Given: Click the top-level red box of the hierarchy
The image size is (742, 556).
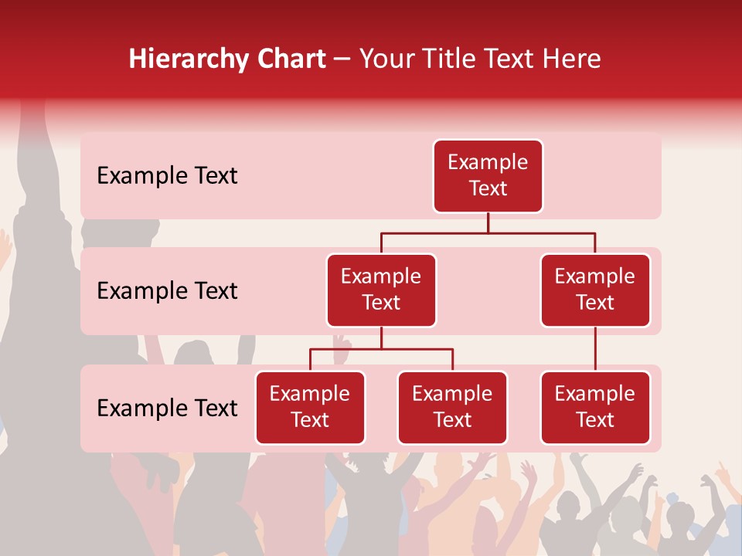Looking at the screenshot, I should (x=488, y=176).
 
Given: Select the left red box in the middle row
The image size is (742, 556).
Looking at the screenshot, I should (x=381, y=290).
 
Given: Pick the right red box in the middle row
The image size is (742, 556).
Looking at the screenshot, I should (x=595, y=290).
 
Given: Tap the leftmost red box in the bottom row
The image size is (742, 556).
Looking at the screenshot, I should (x=310, y=408).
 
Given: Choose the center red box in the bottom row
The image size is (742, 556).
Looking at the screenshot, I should (x=452, y=408).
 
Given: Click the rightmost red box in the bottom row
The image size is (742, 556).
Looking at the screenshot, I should (x=595, y=408).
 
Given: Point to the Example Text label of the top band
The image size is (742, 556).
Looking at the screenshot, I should (x=167, y=176).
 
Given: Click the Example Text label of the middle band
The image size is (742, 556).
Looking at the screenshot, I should (x=167, y=291).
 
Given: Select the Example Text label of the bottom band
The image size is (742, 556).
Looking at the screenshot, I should (x=167, y=408).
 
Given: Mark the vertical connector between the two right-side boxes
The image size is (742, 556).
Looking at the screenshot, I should (x=595, y=349).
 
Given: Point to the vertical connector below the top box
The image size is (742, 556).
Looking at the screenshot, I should (x=488, y=222).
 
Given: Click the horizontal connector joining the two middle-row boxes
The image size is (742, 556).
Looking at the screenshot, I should (x=488, y=232).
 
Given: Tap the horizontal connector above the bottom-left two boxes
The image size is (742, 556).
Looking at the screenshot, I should (x=381, y=349).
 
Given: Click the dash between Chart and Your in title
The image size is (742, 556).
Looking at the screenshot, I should (x=341, y=59).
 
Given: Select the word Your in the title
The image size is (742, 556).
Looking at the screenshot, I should (x=386, y=59).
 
